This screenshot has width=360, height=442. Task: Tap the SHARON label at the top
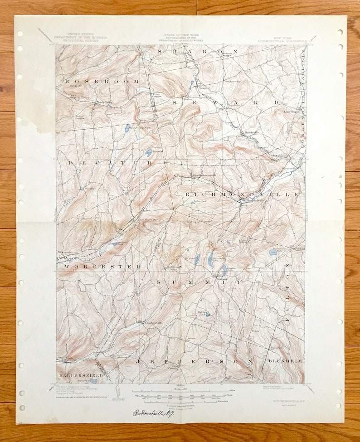191,52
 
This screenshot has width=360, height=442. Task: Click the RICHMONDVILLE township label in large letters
242,194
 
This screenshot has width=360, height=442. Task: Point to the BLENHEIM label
285,361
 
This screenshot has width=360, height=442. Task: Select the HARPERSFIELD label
80,376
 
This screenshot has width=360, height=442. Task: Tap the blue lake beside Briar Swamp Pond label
128,128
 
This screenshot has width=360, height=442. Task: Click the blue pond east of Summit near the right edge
272,252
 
